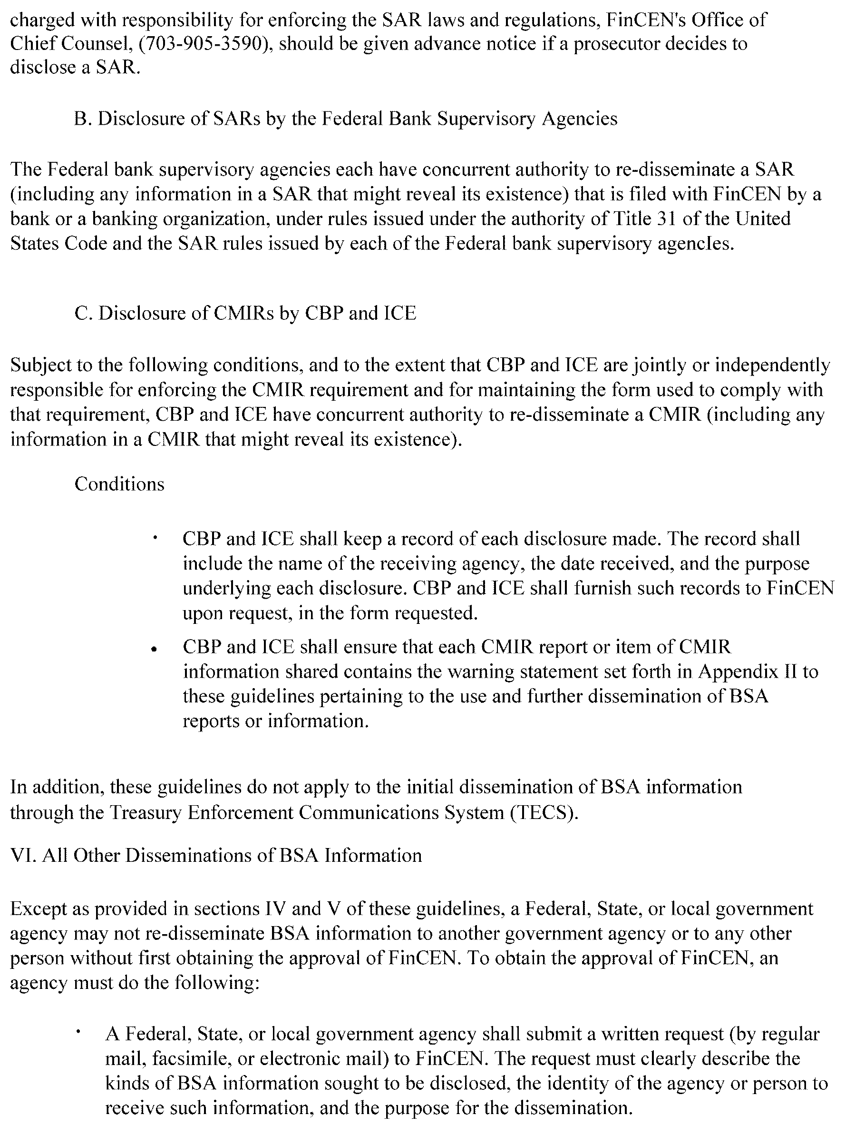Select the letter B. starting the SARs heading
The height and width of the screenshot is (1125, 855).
81,118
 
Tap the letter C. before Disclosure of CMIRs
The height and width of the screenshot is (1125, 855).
82,313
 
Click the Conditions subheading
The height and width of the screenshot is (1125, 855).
119,484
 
